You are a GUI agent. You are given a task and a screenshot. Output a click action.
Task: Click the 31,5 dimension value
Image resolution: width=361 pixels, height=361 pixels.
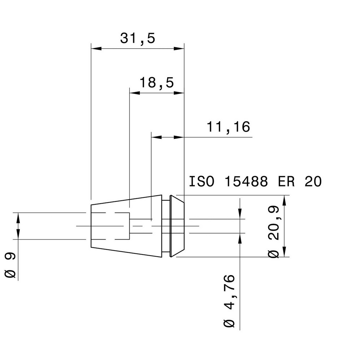tap(138, 38)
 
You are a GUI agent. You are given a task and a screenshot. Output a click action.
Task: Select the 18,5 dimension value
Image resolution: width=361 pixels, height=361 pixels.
tap(157, 83)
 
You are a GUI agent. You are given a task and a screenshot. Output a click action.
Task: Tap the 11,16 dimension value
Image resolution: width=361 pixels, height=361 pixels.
tap(228, 127)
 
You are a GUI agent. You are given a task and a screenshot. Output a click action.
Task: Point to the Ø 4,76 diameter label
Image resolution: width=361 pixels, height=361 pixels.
tap(229, 301)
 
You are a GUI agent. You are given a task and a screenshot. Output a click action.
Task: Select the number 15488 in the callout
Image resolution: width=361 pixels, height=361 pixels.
tap(246, 182)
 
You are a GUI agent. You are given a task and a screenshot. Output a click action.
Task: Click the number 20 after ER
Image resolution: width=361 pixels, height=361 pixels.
tap(313, 182)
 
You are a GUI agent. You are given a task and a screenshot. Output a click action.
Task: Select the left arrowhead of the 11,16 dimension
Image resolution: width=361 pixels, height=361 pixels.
tap(156, 137)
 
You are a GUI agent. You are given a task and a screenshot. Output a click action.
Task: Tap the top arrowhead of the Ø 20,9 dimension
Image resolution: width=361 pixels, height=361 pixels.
tap(285, 200)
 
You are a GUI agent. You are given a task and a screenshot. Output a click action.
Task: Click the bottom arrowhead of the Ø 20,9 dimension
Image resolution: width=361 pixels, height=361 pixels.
tap(285, 252)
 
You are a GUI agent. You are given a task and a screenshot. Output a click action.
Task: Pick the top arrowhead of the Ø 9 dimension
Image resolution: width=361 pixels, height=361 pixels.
tap(18, 218)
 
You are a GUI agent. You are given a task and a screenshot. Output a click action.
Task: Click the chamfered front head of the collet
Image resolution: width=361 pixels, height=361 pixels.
tap(177, 226)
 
